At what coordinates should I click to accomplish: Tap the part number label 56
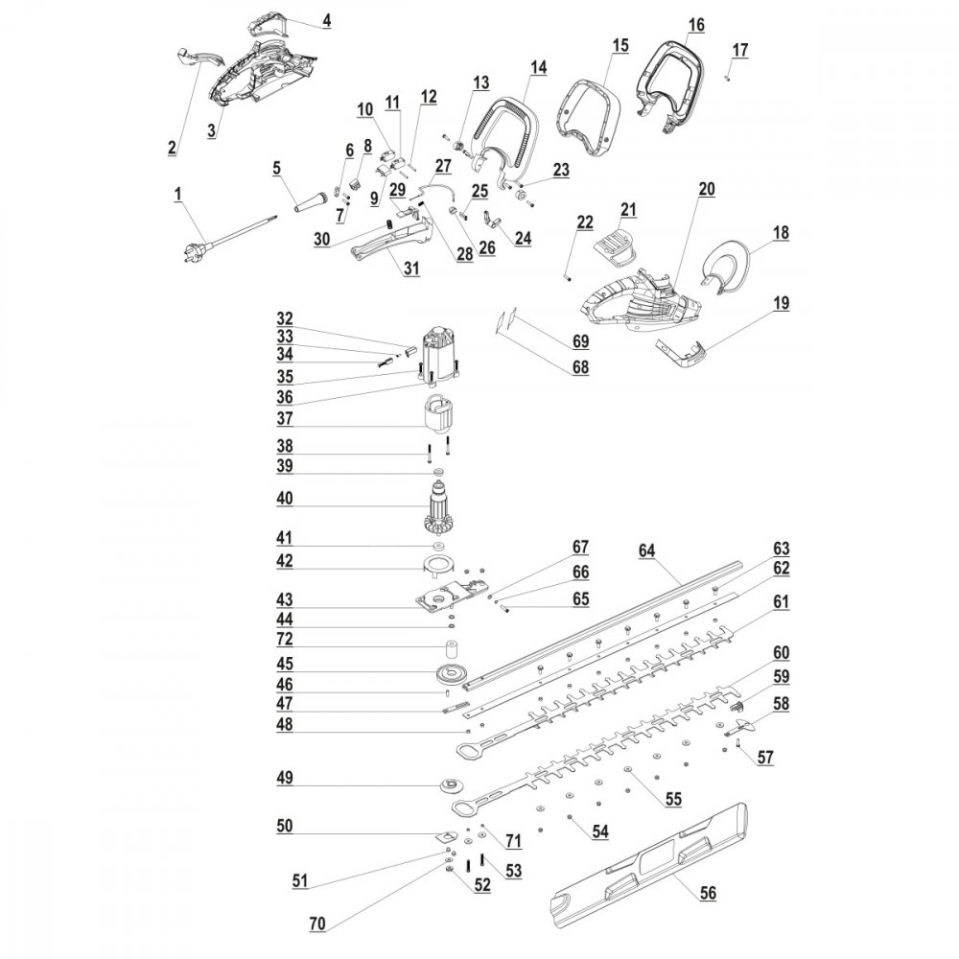click(x=708, y=892)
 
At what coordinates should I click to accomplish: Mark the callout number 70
click(x=317, y=924)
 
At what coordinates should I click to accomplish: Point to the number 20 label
click(x=707, y=190)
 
